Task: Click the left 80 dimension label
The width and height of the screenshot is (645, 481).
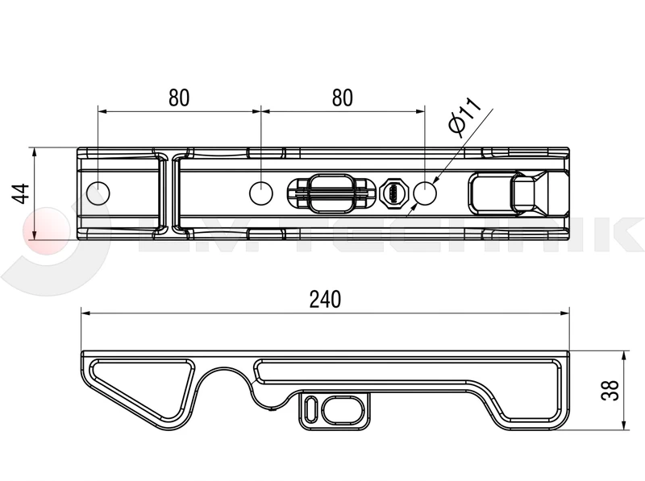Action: [x=179, y=97]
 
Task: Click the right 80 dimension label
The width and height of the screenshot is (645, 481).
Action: [x=342, y=97]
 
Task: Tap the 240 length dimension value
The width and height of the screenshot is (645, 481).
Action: [x=325, y=299]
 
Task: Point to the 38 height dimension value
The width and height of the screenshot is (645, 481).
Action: [x=610, y=390]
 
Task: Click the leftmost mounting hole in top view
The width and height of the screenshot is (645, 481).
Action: [x=98, y=193]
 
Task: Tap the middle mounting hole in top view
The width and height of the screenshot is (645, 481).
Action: [x=261, y=193]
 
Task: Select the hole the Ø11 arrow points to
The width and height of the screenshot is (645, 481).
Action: [x=425, y=193]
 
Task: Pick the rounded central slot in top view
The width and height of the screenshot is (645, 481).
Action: [x=331, y=193]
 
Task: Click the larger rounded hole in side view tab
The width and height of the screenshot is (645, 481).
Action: [x=343, y=408]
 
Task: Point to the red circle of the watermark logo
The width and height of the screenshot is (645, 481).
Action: [x=46, y=231]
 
